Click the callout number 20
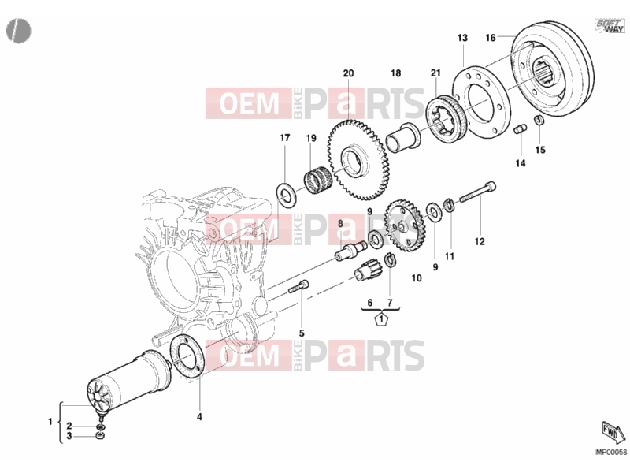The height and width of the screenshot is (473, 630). click(x=348, y=73)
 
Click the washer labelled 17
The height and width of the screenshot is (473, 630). click(x=286, y=194)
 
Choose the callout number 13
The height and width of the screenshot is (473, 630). click(x=462, y=38)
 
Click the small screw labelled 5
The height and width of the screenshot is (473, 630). click(x=298, y=286)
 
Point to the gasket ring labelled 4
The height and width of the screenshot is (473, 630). click(x=189, y=356)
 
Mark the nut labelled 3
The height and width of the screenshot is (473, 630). click(x=100, y=436)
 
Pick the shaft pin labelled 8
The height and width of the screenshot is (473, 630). click(x=350, y=251)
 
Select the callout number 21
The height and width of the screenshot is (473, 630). click(x=435, y=73)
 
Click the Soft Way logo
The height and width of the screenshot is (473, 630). click(x=610, y=26)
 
